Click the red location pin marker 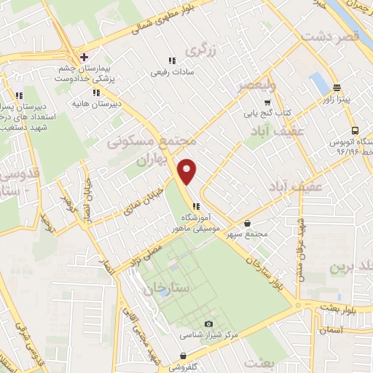[188, 171]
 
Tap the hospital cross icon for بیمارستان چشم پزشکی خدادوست [85, 57]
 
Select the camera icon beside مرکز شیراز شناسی [210, 323]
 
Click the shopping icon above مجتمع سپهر [249, 222]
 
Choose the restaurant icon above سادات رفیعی [172, 60]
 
